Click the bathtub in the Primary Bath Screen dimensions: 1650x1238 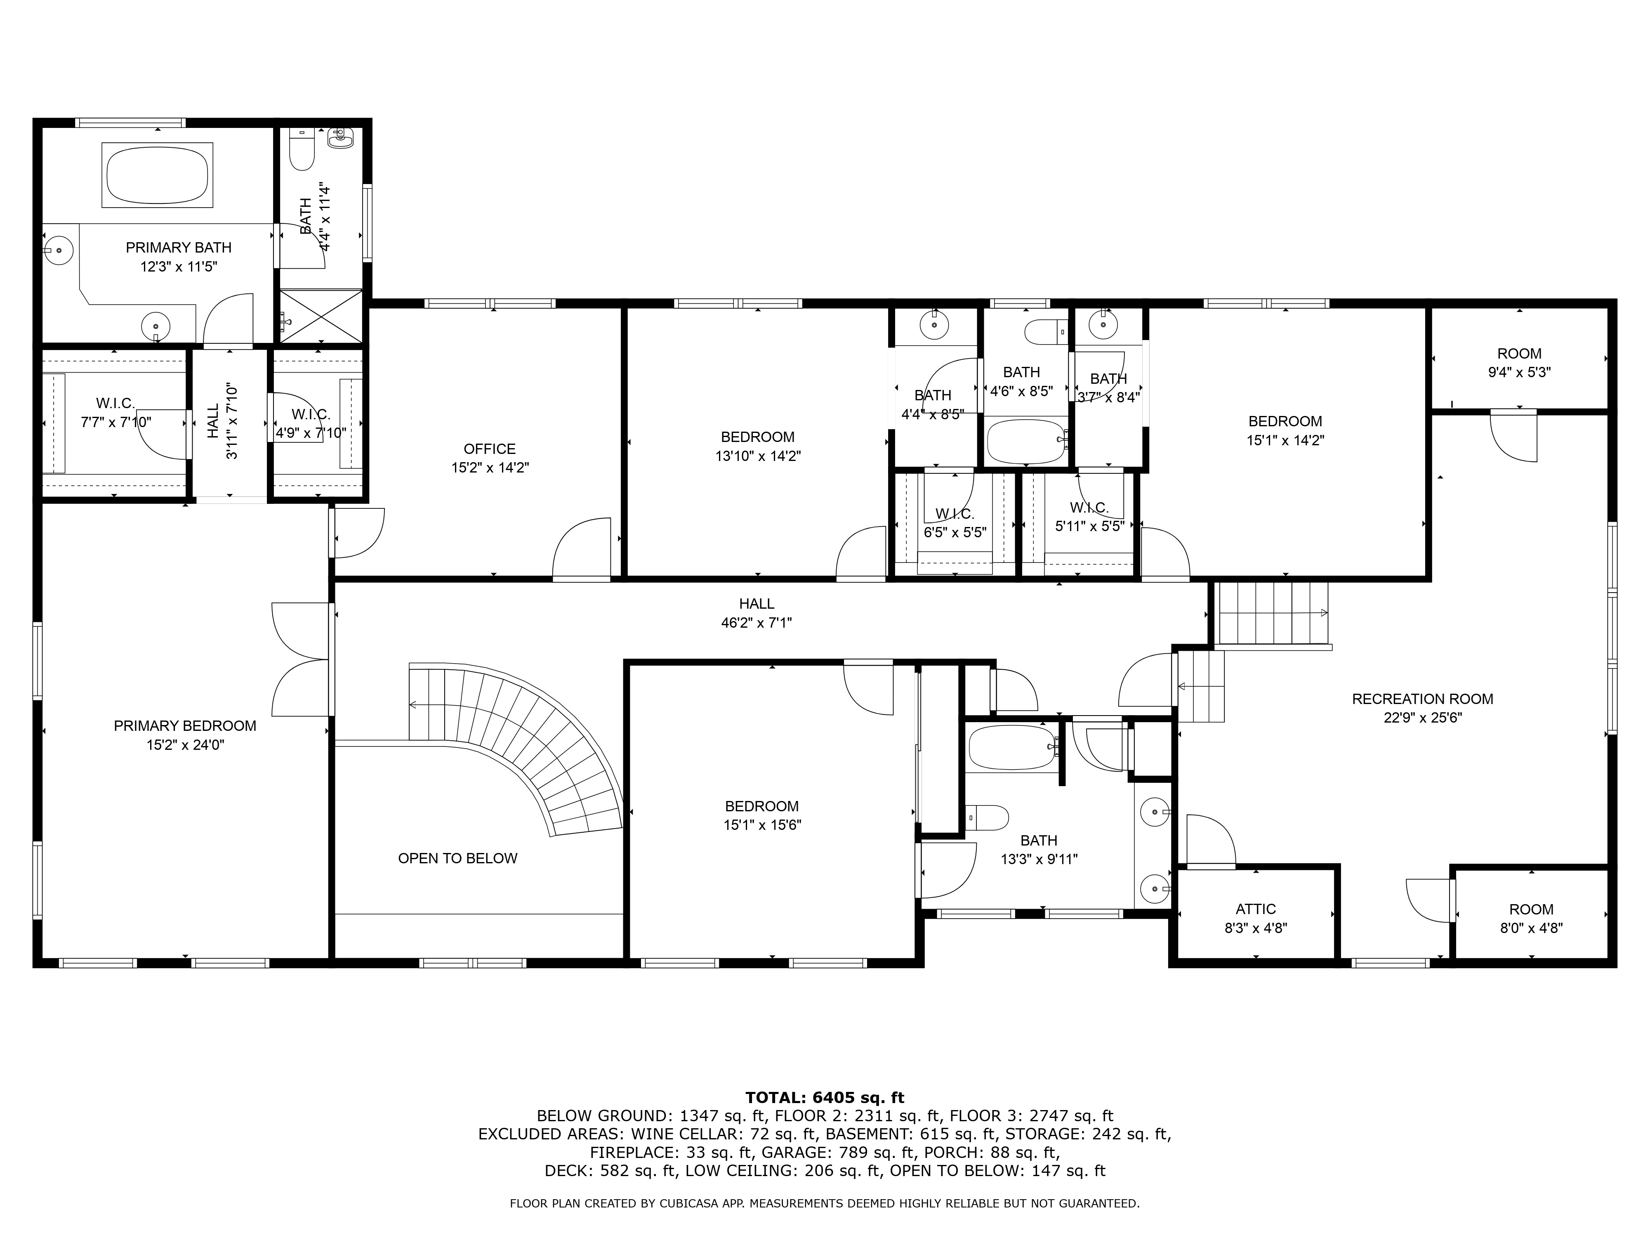click(158, 175)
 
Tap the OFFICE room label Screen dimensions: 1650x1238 click(489, 449)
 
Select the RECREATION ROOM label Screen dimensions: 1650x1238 click(1422, 699)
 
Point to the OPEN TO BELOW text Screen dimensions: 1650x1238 click(457, 858)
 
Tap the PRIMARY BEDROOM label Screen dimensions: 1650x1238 click(185, 726)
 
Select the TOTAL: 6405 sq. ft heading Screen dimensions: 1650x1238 click(824, 1098)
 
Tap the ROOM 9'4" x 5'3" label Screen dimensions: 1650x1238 click(1519, 363)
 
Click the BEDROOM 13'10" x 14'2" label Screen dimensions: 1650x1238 click(758, 446)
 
